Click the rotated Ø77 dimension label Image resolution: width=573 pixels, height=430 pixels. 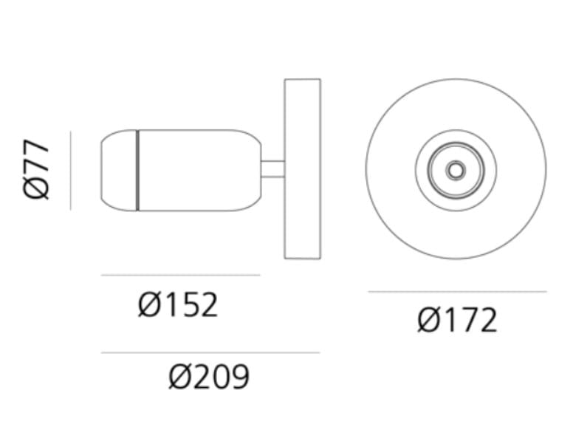pyautogui.click(x=37, y=169)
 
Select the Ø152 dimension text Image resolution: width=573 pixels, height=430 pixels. pyautogui.click(x=178, y=304)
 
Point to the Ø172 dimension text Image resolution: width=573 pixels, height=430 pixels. pyautogui.click(x=457, y=321)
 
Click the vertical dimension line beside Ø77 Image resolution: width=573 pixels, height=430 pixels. pyautogui.click(x=71, y=170)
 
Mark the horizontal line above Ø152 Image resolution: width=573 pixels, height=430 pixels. pyautogui.click(x=180, y=275)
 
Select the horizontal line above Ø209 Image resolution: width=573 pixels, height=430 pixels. pyautogui.click(x=210, y=352)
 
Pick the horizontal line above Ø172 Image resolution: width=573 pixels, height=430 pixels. pyautogui.click(x=457, y=292)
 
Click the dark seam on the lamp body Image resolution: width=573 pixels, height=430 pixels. pyautogui.click(x=137, y=170)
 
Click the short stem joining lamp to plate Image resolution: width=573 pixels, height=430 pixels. pyautogui.click(x=272, y=169)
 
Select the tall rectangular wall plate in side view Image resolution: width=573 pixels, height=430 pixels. pyautogui.click(x=302, y=168)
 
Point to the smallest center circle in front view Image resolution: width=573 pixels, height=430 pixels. pyautogui.click(x=456, y=170)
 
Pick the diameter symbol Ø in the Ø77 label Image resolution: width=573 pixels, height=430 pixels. pyautogui.click(x=37, y=188)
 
